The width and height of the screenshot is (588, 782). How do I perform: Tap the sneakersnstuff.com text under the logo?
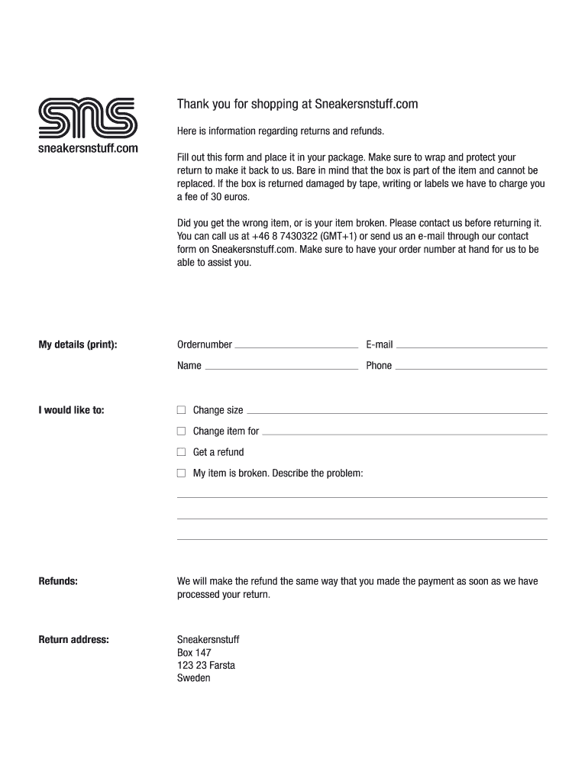pos(88,148)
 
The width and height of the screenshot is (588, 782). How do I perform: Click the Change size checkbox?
pos(181,410)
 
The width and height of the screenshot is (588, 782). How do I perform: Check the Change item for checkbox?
pos(181,431)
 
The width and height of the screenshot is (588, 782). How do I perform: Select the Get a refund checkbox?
pos(181,452)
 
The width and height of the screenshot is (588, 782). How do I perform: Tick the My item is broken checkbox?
pos(181,473)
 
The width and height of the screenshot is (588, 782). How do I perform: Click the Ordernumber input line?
pos(296,345)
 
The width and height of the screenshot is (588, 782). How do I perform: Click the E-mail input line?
pos(471,345)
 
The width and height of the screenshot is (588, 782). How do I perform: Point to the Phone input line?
pos(471,367)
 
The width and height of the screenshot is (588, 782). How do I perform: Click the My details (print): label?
pos(78,345)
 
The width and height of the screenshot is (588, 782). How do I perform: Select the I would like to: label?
pos(71,410)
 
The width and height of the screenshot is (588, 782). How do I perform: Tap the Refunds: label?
pos(58,581)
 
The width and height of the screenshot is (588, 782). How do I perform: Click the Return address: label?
pos(73,639)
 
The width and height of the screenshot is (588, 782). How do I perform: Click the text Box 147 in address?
pos(194,652)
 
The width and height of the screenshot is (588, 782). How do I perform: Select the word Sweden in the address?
pos(193,677)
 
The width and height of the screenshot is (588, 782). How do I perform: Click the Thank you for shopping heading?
pos(298,104)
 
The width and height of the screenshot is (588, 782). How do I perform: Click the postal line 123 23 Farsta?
pos(206,665)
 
